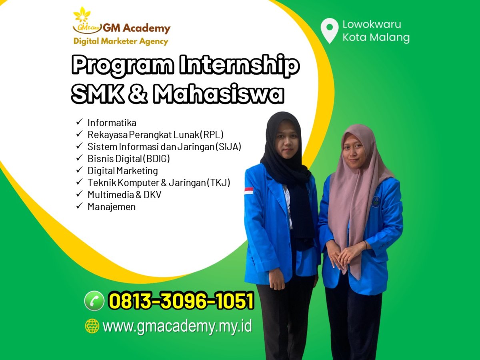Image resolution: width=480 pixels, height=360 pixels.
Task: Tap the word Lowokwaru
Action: (x=372, y=24)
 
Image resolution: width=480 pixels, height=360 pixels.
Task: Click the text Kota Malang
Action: (x=376, y=37)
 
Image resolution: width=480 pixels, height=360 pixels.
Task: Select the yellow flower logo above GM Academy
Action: (x=82, y=14)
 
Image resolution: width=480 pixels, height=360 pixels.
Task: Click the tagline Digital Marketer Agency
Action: (x=121, y=41)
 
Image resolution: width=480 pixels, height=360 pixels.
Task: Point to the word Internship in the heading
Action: (x=239, y=65)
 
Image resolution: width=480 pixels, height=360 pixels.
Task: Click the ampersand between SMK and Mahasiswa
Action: (x=138, y=94)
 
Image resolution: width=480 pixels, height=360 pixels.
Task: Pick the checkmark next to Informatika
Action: (x=79, y=122)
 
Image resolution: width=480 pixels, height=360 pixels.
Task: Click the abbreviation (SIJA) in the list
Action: (x=228, y=147)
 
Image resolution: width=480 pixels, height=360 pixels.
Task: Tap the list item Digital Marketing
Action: (x=123, y=171)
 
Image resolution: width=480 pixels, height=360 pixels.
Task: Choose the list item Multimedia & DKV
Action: (x=124, y=194)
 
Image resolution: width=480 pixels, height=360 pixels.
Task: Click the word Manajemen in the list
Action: (x=112, y=207)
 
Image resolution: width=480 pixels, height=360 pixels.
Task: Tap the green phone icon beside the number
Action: (x=94, y=301)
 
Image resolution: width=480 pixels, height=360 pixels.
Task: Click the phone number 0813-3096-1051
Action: (x=182, y=301)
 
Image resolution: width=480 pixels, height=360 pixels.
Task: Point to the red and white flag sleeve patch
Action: (x=249, y=191)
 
